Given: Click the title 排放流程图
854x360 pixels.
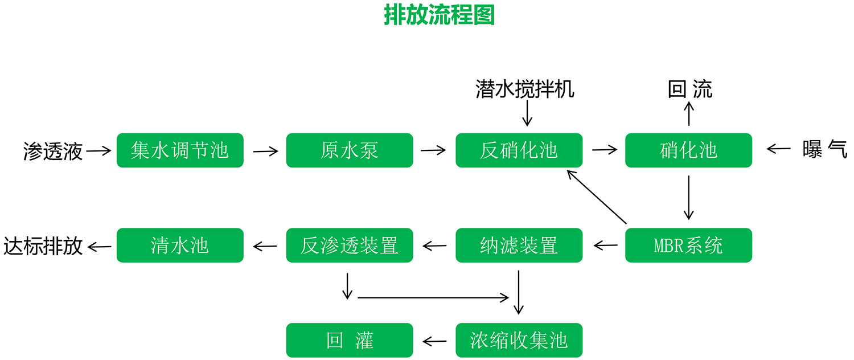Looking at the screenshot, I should click(439, 15).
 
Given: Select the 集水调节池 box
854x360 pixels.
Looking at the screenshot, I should click(180, 150).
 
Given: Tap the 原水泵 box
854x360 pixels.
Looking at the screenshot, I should click(349, 150).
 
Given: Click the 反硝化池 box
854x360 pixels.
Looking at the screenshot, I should click(519, 150).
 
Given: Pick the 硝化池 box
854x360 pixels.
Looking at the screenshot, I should click(688, 150).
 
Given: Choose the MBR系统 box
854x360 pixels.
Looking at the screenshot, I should click(688, 246).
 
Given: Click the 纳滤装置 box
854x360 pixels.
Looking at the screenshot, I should click(519, 246).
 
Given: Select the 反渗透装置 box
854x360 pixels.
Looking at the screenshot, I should click(349, 246).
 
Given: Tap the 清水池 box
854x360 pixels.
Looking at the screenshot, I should click(180, 246).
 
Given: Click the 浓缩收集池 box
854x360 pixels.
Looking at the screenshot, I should click(519, 341).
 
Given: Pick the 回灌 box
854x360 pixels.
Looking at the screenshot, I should click(349, 341).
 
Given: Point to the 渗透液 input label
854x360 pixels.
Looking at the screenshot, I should click(53, 151).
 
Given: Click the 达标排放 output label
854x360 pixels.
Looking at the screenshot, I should click(43, 246).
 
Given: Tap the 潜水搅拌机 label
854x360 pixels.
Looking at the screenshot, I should click(525, 89).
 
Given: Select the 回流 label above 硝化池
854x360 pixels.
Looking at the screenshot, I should click(689, 89).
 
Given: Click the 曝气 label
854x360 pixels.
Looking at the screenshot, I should click(825, 149).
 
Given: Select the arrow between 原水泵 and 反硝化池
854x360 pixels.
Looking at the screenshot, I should click(434, 150).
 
